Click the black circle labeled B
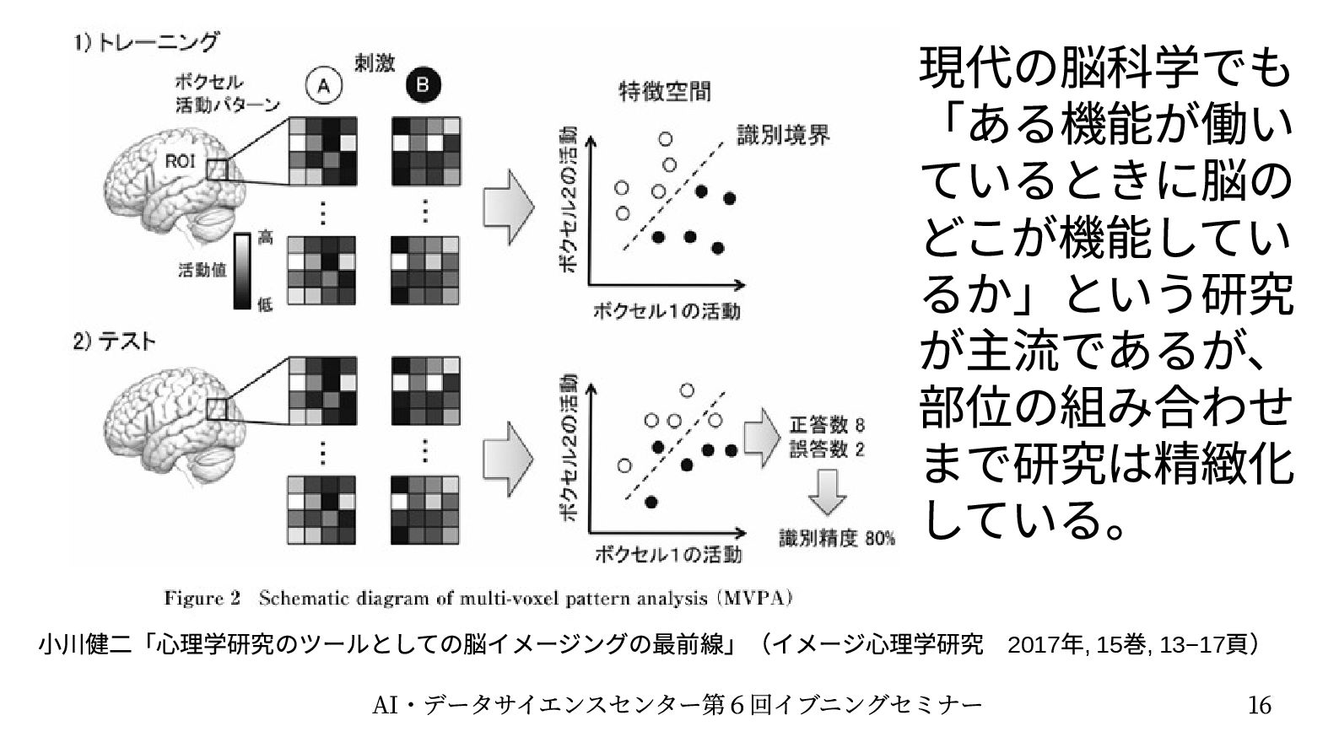424,84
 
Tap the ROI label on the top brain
179,161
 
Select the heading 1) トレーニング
146,41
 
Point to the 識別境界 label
783,135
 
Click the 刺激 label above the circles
374,63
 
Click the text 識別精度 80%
836,537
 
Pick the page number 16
1259,704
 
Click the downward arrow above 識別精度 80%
827,491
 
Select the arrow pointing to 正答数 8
764,436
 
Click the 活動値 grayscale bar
242,272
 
